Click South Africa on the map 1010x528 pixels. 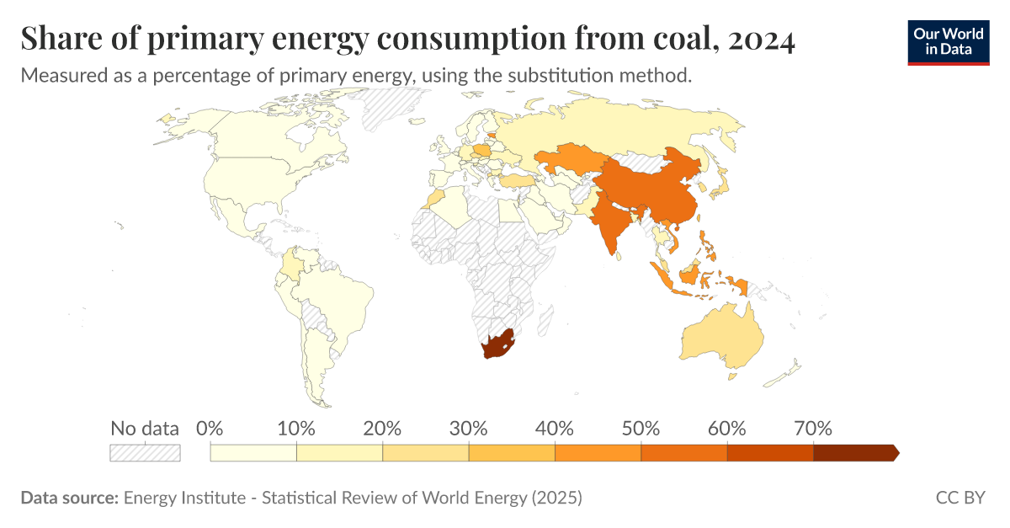coord(497,345)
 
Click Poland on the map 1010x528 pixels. coord(483,151)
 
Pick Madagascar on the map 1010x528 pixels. coord(547,319)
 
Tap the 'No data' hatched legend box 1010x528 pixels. coord(146,452)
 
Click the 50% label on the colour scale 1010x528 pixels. coord(641,428)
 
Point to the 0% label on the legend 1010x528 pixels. coord(209,428)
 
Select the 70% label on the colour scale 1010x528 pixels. coord(813,428)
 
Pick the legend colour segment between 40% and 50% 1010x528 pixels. coord(598,453)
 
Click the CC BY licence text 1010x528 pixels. coord(959,498)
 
